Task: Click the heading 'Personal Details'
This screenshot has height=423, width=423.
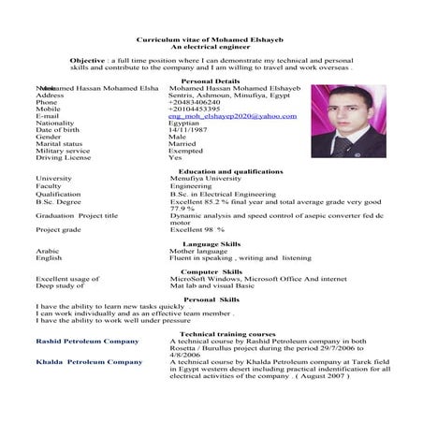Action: tap(210, 81)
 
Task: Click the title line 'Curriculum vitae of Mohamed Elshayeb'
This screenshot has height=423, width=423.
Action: tap(211, 42)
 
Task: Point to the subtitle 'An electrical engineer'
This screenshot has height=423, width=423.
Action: tap(211, 50)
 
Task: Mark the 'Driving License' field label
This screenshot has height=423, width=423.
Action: tap(64, 157)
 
